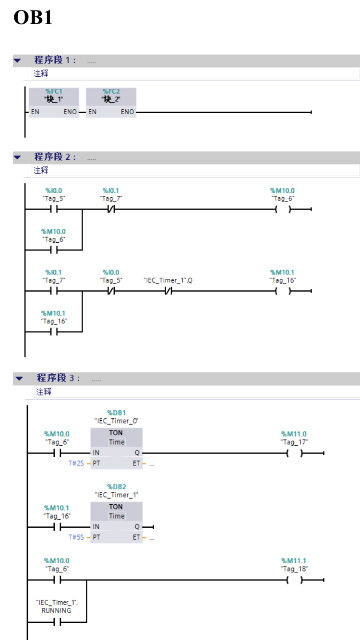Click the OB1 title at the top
click(x=33, y=18)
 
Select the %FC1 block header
click(x=54, y=91)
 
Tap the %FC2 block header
click(x=111, y=91)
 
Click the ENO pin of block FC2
click(x=127, y=112)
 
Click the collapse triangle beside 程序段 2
click(x=18, y=157)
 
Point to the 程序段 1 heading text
click(x=55, y=60)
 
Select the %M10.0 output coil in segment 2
click(x=283, y=209)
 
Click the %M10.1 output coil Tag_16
click(x=283, y=291)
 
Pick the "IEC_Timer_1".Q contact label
click(x=168, y=280)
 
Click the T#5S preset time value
click(x=76, y=537)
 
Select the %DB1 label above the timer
click(x=116, y=413)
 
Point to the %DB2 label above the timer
click(x=116, y=486)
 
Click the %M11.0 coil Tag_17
click(x=294, y=453)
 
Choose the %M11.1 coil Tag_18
click(x=294, y=580)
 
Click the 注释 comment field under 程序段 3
click(x=44, y=392)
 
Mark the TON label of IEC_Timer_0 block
click(x=116, y=433)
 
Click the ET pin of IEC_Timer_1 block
click(x=137, y=537)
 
